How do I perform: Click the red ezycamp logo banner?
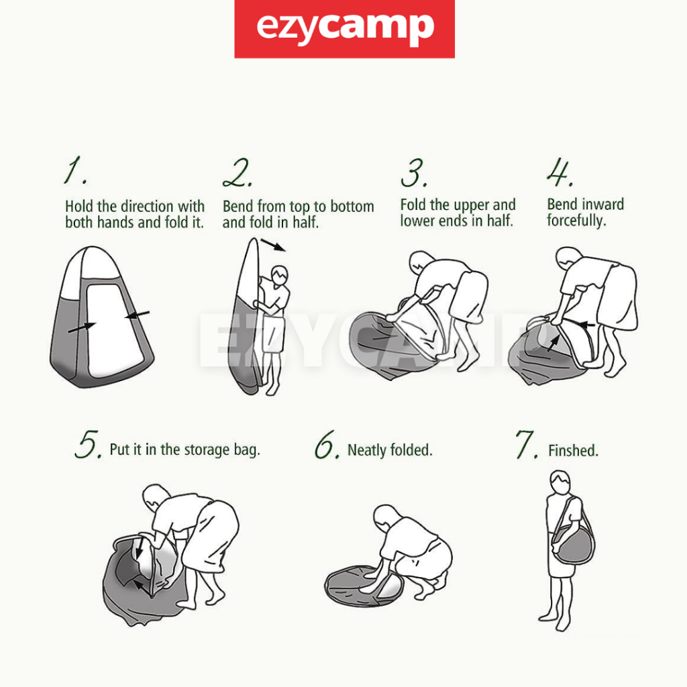344,28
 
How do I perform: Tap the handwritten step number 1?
75,170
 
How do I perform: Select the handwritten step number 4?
560,172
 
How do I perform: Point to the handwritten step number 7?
526,444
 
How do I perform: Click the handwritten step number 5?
89,444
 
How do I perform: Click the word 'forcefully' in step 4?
576,220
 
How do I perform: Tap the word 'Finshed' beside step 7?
573,450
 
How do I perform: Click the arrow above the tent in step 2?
273,245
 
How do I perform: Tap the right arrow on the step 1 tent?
137,315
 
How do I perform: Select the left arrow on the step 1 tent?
81,327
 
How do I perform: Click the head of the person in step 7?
560,483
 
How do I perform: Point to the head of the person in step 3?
421,262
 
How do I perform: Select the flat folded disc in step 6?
364,586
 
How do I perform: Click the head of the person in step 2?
280,276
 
